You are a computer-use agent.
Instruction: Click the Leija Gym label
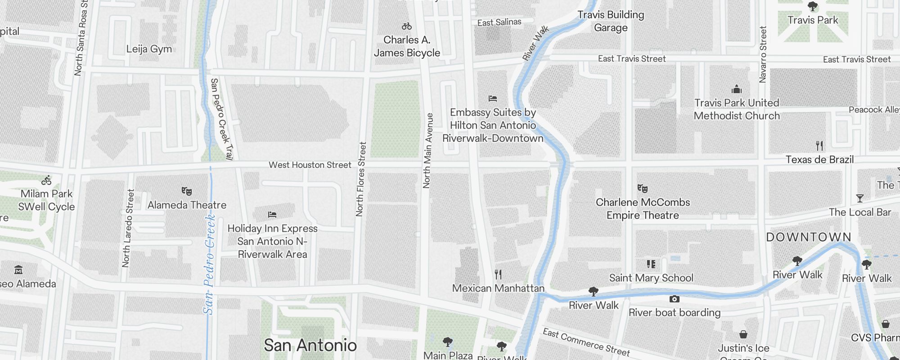pyautogui.click(x=149, y=49)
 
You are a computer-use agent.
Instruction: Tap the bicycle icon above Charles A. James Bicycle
pyautogui.click(x=407, y=27)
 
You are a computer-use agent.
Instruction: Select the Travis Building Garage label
pyautogui.click(x=611, y=21)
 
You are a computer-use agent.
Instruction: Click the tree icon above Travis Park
pyautogui.click(x=813, y=6)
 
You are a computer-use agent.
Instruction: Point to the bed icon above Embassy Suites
pyautogui.click(x=493, y=98)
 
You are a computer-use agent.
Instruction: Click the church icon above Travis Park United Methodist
pyautogui.click(x=737, y=89)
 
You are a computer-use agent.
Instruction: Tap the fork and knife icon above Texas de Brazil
pyautogui.click(x=819, y=146)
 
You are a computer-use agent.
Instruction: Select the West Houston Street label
pyautogui.click(x=310, y=165)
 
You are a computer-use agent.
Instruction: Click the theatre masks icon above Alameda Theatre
pyautogui.click(x=187, y=191)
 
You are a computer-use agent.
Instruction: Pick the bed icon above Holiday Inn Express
pyautogui.click(x=272, y=215)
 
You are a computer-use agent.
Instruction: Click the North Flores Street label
pyautogui.click(x=360, y=179)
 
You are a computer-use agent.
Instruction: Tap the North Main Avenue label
pyautogui.click(x=427, y=150)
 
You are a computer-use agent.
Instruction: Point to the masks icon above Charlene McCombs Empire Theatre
pyautogui.click(x=643, y=188)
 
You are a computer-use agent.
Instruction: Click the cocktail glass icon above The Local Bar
pyautogui.click(x=860, y=198)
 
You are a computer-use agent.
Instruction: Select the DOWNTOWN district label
pyautogui.click(x=809, y=237)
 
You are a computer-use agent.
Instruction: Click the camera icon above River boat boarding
pyautogui.click(x=674, y=299)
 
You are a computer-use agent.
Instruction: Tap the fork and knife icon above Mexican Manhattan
pyautogui.click(x=498, y=274)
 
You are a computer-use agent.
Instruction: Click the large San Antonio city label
pyautogui.click(x=310, y=346)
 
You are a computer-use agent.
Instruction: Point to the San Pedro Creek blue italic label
pyautogui.click(x=208, y=265)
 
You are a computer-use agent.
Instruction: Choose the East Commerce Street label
pyautogui.click(x=586, y=342)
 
